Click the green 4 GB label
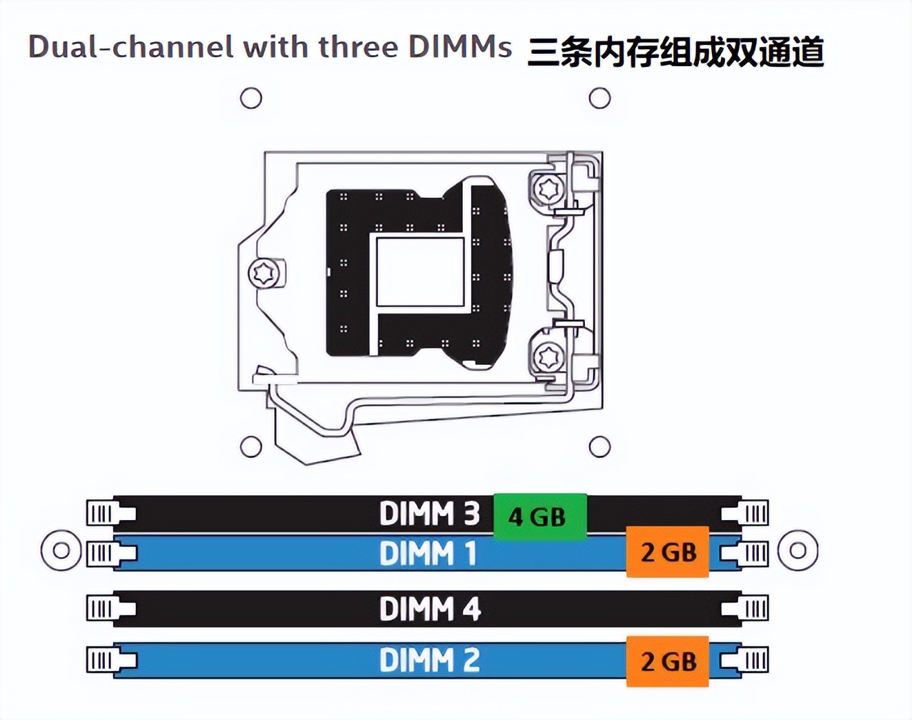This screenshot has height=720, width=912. pos(540,517)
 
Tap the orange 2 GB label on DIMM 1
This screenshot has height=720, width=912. pos(667,552)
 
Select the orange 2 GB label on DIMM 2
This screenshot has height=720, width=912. pos(667,661)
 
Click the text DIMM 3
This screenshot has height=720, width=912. pos(429,514)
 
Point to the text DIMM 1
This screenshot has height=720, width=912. pos(428,553)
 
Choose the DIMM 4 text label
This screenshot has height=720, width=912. pos(430,609)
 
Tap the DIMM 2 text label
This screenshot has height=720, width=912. pos(429,661)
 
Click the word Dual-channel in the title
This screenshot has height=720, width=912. pos(130,47)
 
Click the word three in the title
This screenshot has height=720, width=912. pos(358,47)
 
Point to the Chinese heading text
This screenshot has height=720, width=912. pos(676,52)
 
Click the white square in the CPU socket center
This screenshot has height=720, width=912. pos(420,271)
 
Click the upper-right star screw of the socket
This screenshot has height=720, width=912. pos(550,188)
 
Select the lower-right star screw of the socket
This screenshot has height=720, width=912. pos(550,357)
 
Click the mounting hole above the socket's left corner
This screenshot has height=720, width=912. pos(251,98)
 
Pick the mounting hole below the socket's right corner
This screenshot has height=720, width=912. pos(599,447)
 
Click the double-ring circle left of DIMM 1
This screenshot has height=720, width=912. pos(61,550)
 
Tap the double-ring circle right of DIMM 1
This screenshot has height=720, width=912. pos(797,550)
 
